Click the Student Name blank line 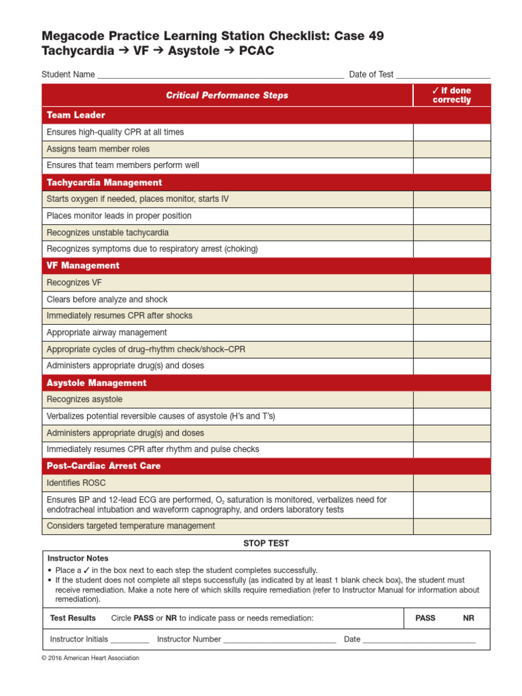220,75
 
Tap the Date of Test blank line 442,75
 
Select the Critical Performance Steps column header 227,96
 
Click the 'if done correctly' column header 451,95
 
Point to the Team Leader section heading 76,116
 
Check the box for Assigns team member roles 451,149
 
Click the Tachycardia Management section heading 104,182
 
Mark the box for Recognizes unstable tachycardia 451,232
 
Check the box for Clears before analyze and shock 451,299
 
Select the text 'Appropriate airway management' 107,332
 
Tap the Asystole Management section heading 97,383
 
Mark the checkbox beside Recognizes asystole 451,400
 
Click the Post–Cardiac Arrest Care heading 104,466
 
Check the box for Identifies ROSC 451,483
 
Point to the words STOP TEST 266,543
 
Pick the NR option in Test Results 468,618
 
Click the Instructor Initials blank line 129,640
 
